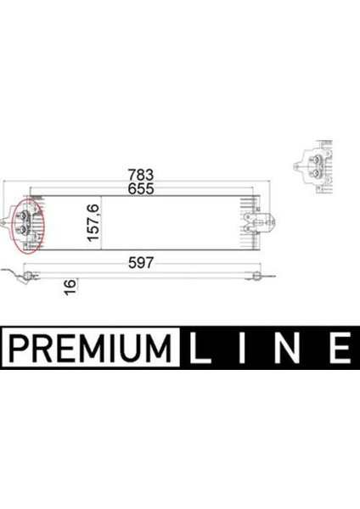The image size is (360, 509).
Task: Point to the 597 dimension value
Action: tap(142, 262)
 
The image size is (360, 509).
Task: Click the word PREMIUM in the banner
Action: tap(89, 346)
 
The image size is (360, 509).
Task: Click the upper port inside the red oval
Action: tap(26, 215)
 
